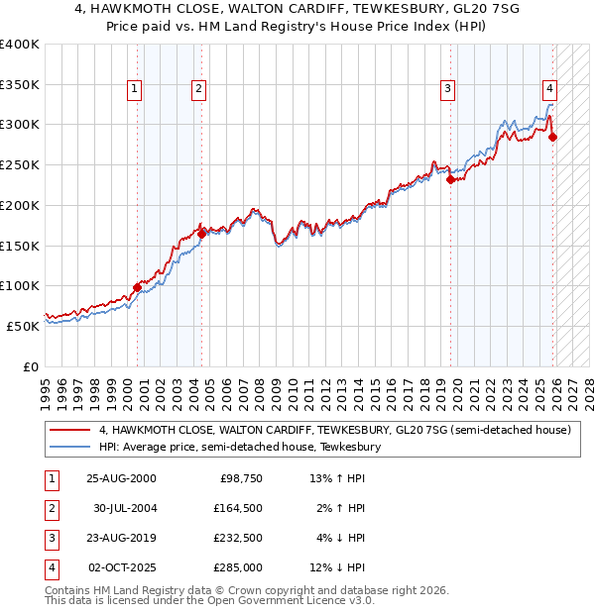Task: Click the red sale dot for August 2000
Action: (x=137, y=287)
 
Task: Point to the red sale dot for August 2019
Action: (x=450, y=179)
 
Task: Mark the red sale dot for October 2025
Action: (x=552, y=137)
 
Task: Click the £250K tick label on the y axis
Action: (x=20, y=164)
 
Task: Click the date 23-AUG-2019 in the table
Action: (x=121, y=538)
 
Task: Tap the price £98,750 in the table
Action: (x=238, y=478)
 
